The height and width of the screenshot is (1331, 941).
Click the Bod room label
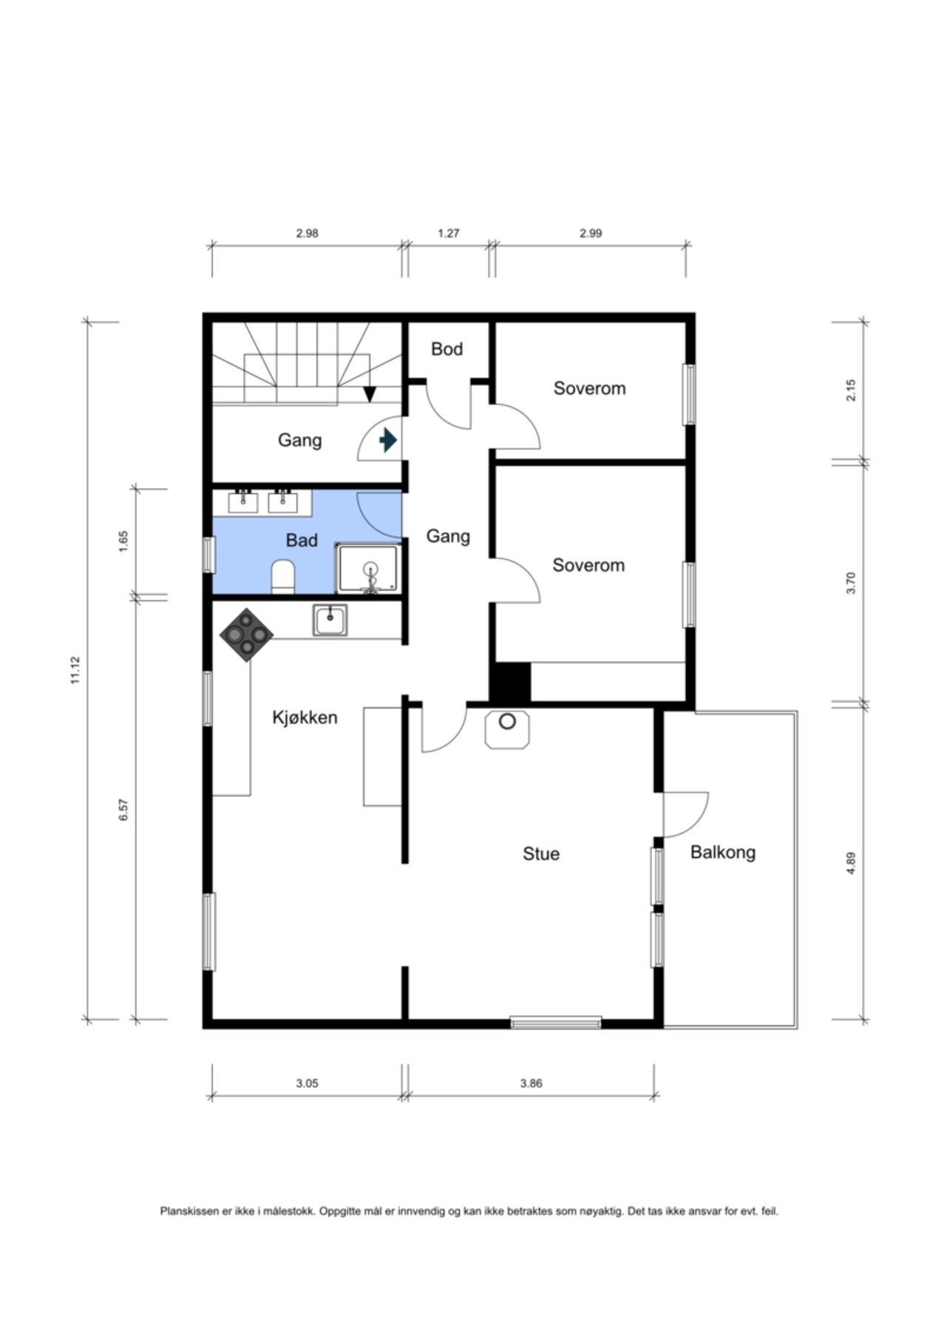pos(446,349)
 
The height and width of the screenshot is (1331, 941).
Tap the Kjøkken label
pos(305,717)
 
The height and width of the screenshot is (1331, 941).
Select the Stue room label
pos(541,853)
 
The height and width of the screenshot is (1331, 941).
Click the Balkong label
pos(723,853)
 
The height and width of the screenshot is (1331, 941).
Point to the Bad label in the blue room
pos(302,541)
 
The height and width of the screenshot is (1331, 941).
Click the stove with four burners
pos(247,634)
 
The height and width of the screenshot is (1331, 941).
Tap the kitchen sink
pos(330,620)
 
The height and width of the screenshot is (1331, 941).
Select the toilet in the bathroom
pos(283,576)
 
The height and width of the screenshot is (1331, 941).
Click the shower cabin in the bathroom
pos(369,568)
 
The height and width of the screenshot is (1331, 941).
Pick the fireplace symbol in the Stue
pos(507,729)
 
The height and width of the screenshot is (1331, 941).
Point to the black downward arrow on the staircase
pos(370,395)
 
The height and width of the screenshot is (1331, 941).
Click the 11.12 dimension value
pos(75,670)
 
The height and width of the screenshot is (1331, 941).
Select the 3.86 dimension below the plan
pos(531,1083)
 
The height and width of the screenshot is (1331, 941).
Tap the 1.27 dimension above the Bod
pos(449,233)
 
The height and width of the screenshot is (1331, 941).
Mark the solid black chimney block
pos(510,683)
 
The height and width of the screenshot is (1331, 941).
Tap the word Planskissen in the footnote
pos(190,1211)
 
